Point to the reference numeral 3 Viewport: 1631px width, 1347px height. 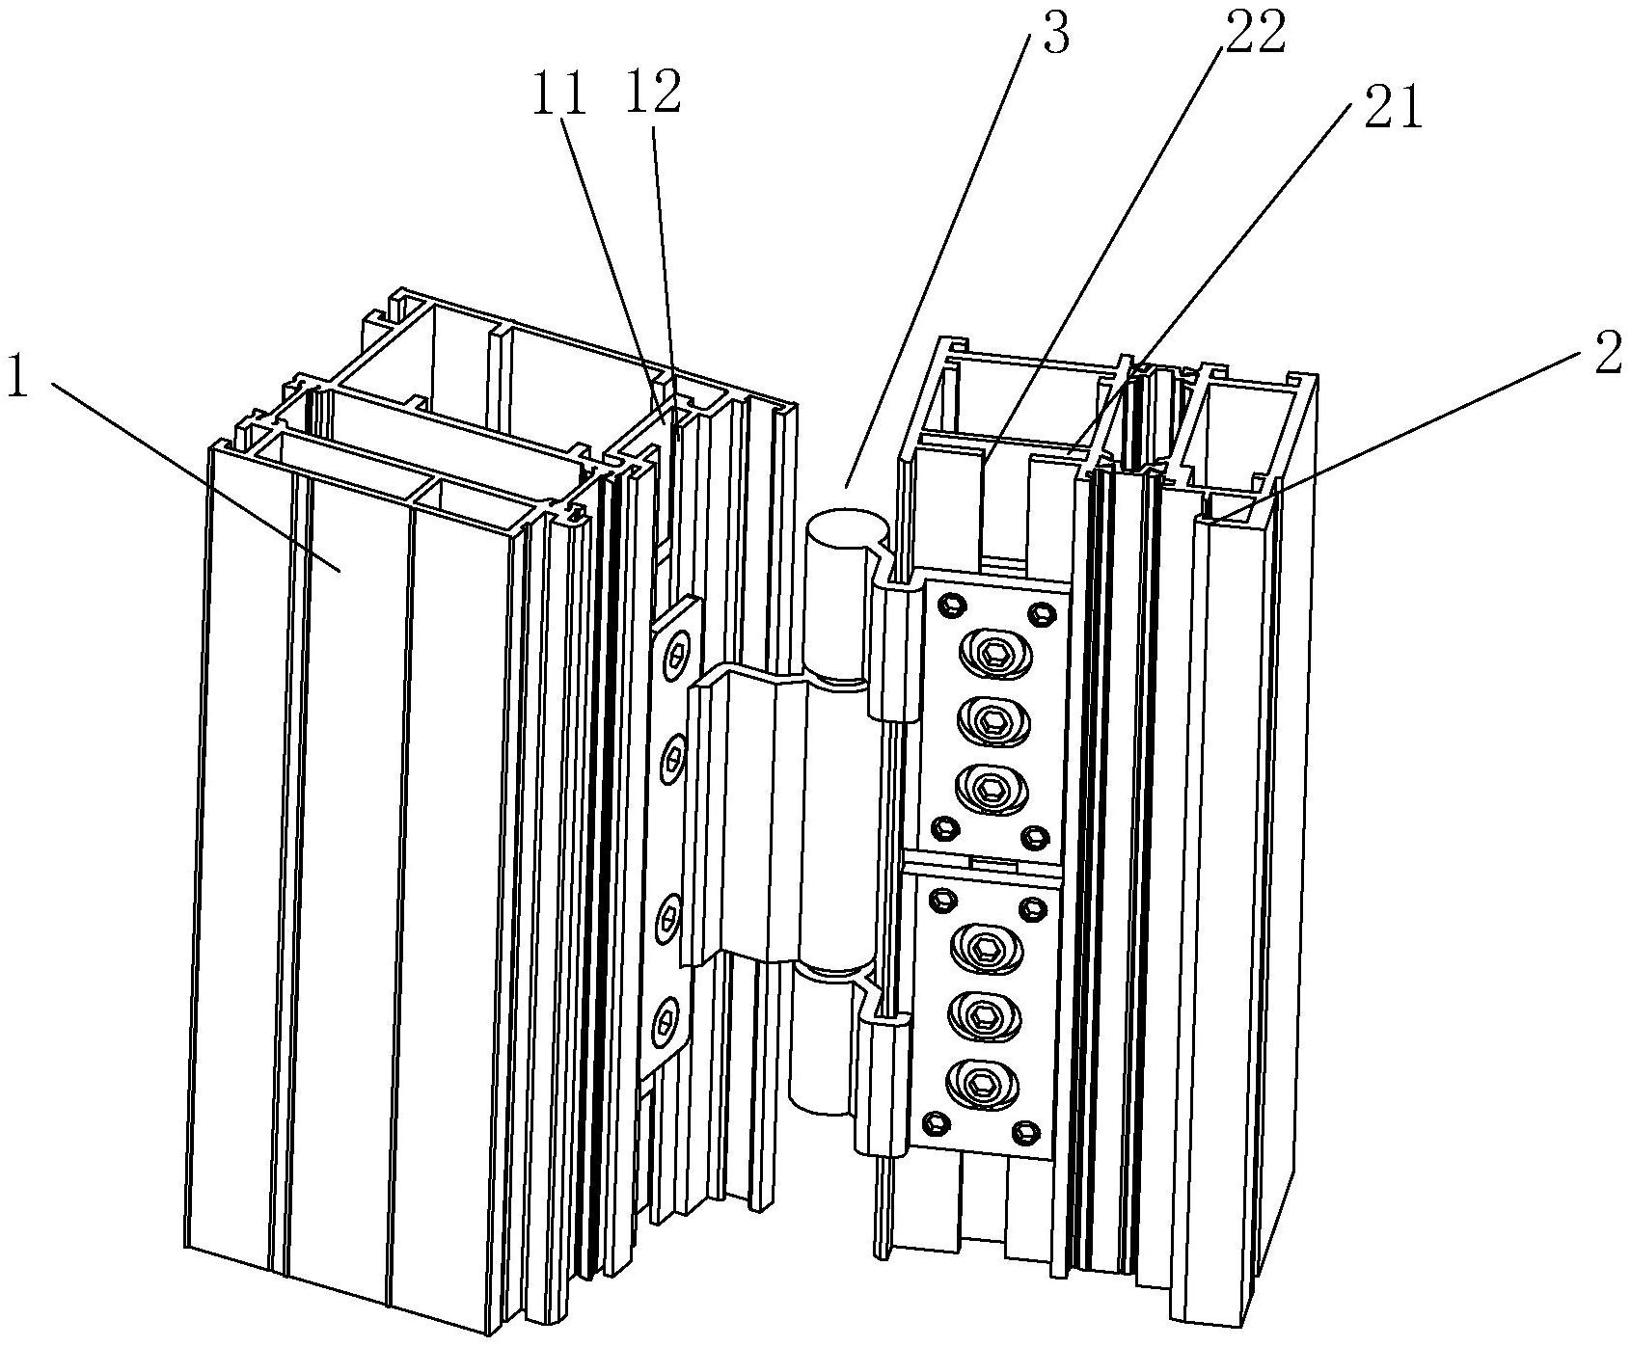point(1056,34)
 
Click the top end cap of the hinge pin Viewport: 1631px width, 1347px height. point(847,531)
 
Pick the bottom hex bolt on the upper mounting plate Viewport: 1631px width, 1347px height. point(992,789)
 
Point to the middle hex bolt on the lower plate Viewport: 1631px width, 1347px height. point(986,1015)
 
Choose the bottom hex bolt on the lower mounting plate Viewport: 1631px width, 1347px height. point(984,1085)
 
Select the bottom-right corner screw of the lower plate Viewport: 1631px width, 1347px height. point(1027,1130)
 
